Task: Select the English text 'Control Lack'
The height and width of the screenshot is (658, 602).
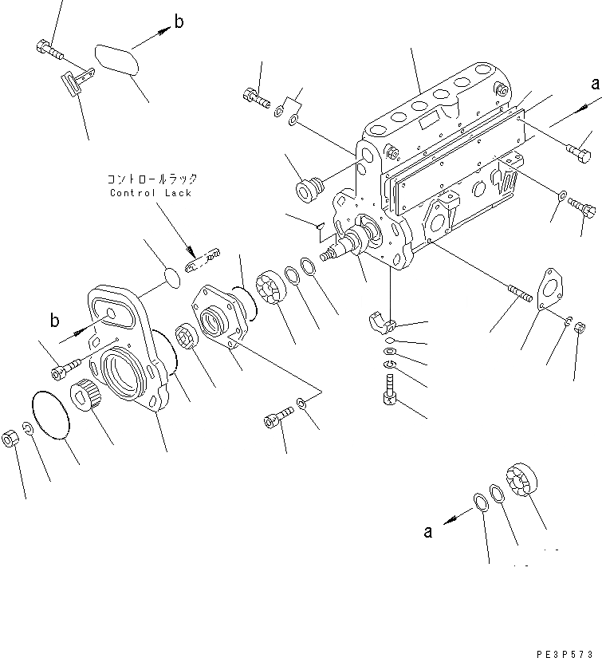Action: point(151,193)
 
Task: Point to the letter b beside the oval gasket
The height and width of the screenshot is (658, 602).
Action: point(179,22)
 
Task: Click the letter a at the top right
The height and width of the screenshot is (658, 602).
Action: point(594,83)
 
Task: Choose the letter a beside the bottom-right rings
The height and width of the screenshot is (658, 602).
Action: point(428,532)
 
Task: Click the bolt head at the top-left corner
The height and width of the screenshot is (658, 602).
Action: point(45,48)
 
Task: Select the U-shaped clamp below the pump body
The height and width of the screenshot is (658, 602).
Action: point(384,323)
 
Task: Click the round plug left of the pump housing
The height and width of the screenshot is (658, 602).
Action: point(308,191)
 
